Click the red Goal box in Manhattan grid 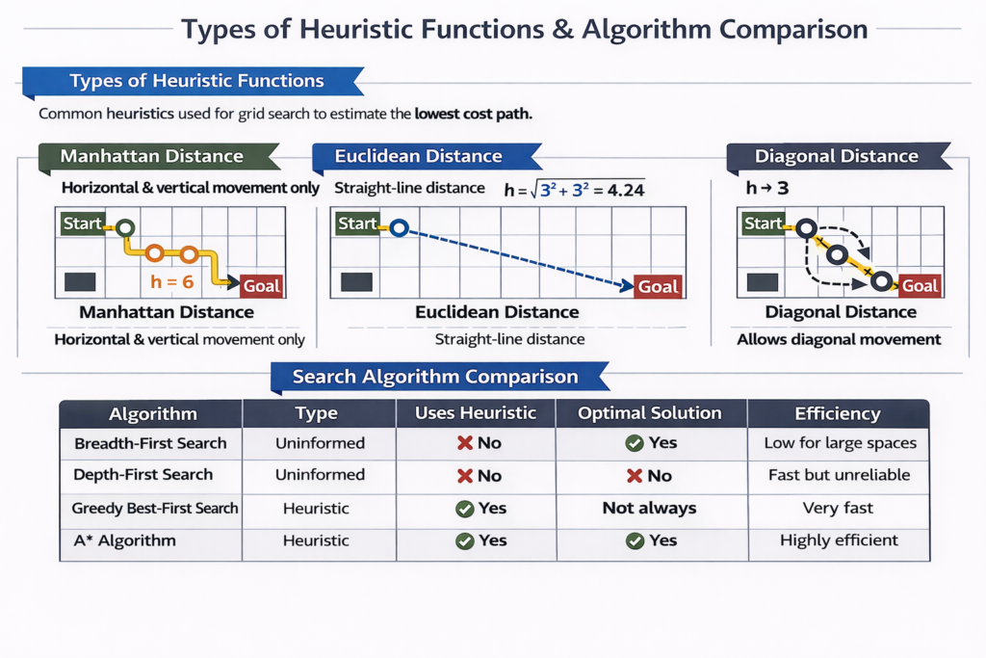click(x=261, y=285)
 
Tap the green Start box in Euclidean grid click(x=357, y=224)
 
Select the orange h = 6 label click(x=173, y=281)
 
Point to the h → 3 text click(x=767, y=188)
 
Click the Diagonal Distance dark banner click(x=835, y=156)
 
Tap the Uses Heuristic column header click(x=476, y=413)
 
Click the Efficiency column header click(x=837, y=413)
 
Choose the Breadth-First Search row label click(x=150, y=443)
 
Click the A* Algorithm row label click(x=124, y=540)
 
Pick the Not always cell click(x=649, y=508)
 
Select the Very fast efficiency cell click(x=837, y=508)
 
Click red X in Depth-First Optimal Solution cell click(x=635, y=476)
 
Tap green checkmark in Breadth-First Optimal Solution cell click(x=635, y=443)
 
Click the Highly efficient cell click(x=839, y=540)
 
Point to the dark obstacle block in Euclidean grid click(x=356, y=282)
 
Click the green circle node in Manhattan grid click(x=125, y=228)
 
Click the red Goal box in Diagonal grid click(x=920, y=285)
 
